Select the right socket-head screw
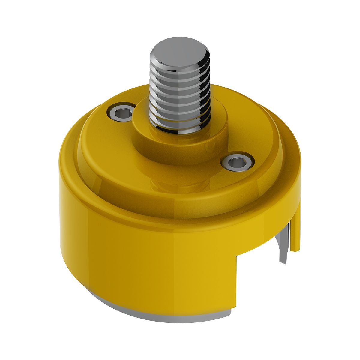tap(238, 162)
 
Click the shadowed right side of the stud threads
tap(204, 96)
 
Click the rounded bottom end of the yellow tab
tap(295, 249)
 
